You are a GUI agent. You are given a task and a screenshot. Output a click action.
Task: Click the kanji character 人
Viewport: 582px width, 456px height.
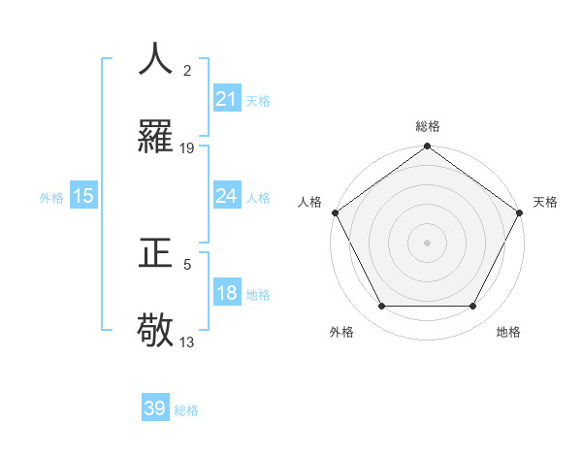point(155,59)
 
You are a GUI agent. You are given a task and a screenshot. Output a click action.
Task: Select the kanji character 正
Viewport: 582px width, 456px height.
point(155,253)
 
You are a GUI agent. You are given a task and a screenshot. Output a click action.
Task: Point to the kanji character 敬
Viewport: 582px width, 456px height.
point(155,331)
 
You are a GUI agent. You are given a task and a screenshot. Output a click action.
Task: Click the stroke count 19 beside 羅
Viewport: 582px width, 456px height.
point(187,148)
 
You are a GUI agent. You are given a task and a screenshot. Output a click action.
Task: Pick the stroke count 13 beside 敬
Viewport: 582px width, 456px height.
point(187,342)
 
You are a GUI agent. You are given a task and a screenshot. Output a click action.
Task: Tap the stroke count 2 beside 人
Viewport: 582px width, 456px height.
point(187,71)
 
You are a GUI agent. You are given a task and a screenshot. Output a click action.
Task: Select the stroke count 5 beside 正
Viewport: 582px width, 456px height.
point(187,264)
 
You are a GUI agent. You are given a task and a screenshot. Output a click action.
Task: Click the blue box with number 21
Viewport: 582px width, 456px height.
point(226,99)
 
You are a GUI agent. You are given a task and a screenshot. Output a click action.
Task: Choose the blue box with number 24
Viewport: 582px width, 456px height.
point(226,196)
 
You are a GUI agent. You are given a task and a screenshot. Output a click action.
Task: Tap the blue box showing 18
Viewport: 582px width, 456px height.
point(226,293)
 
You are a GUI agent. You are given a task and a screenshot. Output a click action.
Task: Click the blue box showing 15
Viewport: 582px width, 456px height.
point(83,196)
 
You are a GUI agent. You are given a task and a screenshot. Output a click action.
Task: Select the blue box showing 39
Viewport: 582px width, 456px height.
point(155,408)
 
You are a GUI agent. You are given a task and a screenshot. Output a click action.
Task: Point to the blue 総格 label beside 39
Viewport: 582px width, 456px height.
point(186,410)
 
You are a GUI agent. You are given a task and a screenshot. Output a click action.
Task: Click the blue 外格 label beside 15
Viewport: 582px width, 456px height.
point(51,198)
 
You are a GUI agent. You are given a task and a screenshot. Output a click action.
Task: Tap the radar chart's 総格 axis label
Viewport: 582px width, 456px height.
point(427,126)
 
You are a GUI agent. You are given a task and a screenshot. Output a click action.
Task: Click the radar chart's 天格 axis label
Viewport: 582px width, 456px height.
point(545,202)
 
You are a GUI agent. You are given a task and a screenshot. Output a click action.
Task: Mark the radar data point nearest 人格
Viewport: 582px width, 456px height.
point(335,212)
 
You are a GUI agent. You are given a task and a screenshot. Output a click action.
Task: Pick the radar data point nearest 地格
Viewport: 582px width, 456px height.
point(473,307)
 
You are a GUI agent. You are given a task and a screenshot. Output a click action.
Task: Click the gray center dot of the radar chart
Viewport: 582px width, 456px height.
point(427,242)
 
